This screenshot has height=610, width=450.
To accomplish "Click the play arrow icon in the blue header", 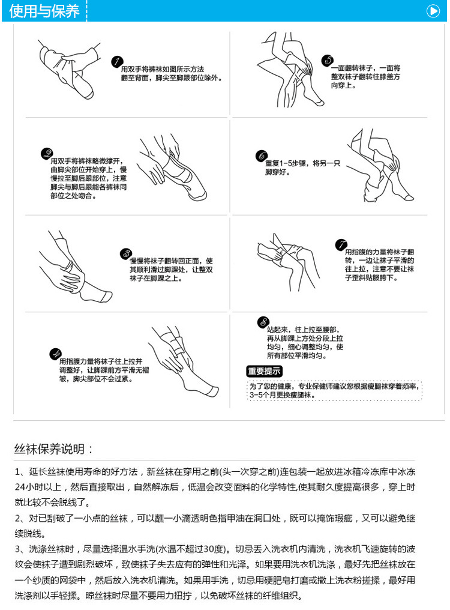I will (x=432, y=10).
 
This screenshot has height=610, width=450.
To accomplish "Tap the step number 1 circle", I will (x=118, y=62).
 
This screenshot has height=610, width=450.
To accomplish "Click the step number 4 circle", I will (x=55, y=353).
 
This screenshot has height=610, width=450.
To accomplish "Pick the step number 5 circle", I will (x=327, y=60).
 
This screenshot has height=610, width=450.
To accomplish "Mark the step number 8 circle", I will (x=262, y=322).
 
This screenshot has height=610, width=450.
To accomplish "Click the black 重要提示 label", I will (x=265, y=371).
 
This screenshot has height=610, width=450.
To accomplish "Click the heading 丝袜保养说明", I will (x=54, y=448).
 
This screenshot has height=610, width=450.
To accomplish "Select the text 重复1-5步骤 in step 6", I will (x=286, y=163).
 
